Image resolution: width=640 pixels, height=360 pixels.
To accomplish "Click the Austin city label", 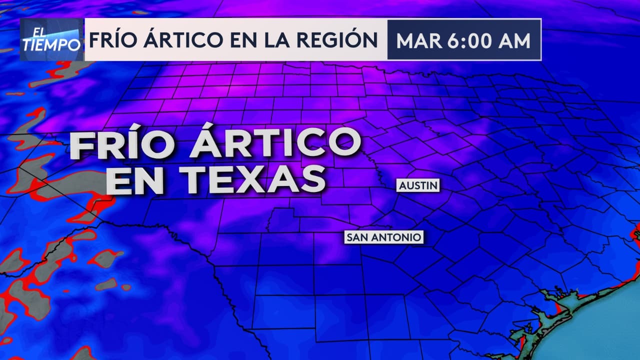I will coord(418,186).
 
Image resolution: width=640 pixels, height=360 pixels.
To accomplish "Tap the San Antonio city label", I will coord(384,237).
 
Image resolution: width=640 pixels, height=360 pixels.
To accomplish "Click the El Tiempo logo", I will coord(51,40).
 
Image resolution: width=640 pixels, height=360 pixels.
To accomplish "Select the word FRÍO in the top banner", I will coord(113,40).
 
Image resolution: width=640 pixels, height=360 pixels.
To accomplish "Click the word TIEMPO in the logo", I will coord(51,45).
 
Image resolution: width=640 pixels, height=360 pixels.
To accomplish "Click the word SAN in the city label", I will coord(357,237).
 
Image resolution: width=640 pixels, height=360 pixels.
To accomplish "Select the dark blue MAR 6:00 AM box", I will coord(464,40).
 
